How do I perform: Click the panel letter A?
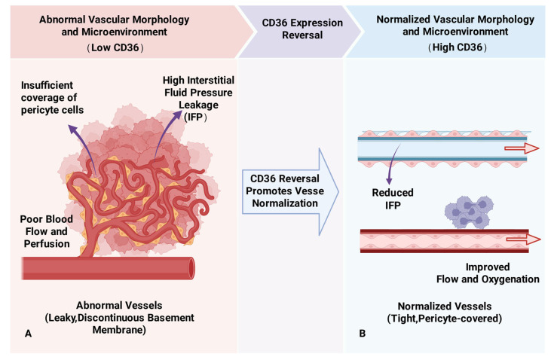pyautogui.click(x=29, y=333)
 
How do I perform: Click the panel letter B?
pyautogui.click(x=362, y=333)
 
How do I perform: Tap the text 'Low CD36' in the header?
pyautogui.click(x=115, y=47)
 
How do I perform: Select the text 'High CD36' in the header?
pyautogui.click(x=458, y=47)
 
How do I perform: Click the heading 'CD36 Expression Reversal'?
pyautogui.click(x=302, y=29)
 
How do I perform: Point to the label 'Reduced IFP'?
pyautogui.click(x=393, y=199)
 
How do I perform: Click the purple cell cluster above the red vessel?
pyautogui.click(x=469, y=212)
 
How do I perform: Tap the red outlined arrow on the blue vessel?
pyautogui.click(x=522, y=148)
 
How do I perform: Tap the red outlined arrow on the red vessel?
pyautogui.click(x=523, y=239)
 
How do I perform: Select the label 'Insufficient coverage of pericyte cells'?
pyautogui.click(x=52, y=98)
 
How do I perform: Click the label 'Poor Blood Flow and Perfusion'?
pyautogui.click(x=46, y=231)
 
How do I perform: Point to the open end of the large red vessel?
pyautogui.click(x=191, y=268)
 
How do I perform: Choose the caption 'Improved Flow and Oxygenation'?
pyautogui.click(x=488, y=273)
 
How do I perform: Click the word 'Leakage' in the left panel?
pyautogui.click(x=198, y=105)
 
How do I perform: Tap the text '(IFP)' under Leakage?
pyautogui.click(x=195, y=117)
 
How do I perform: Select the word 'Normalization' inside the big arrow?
pyautogui.click(x=285, y=203)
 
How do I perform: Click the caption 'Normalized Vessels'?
pyautogui.click(x=445, y=306)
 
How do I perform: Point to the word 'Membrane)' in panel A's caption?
pyautogui.click(x=119, y=330)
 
